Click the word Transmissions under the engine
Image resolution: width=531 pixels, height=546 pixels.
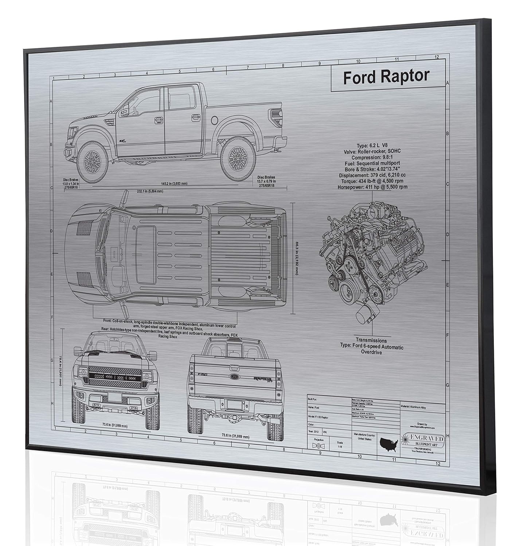[x=371, y=341]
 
